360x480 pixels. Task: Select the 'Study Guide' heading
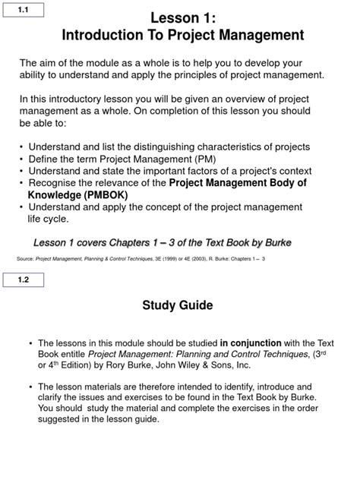coord(178,306)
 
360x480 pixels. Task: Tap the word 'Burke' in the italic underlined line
coord(273,242)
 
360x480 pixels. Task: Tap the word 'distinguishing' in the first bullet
coord(169,147)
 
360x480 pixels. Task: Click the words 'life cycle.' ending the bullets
coord(48,219)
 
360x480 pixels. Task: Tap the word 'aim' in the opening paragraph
coord(52,62)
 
